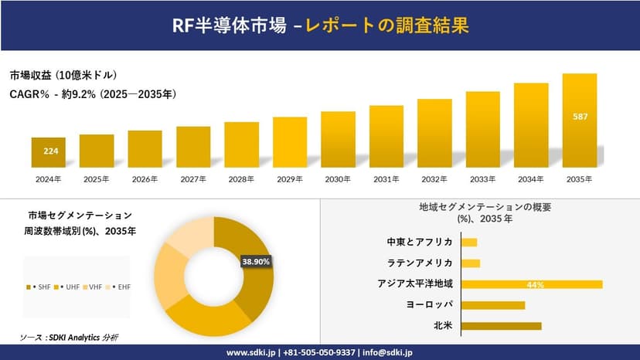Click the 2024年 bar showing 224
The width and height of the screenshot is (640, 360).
(x=49, y=152)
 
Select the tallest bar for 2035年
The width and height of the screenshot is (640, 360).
(x=580, y=121)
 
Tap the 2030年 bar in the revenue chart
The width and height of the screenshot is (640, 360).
(x=338, y=139)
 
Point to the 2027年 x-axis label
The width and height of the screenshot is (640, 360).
(x=193, y=179)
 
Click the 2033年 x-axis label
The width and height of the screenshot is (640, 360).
(x=482, y=179)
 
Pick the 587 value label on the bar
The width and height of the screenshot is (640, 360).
(x=580, y=117)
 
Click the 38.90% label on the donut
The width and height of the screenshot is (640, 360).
(x=257, y=262)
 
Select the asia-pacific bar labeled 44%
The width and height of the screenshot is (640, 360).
(x=532, y=284)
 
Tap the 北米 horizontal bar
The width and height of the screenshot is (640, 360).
(x=501, y=326)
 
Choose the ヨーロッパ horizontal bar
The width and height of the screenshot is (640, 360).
(x=493, y=305)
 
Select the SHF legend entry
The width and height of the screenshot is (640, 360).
(x=41, y=287)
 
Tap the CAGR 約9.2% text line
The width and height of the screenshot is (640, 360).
(x=93, y=94)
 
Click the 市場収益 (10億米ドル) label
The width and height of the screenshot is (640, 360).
(x=63, y=75)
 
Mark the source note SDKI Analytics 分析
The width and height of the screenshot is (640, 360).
(x=70, y=338)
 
